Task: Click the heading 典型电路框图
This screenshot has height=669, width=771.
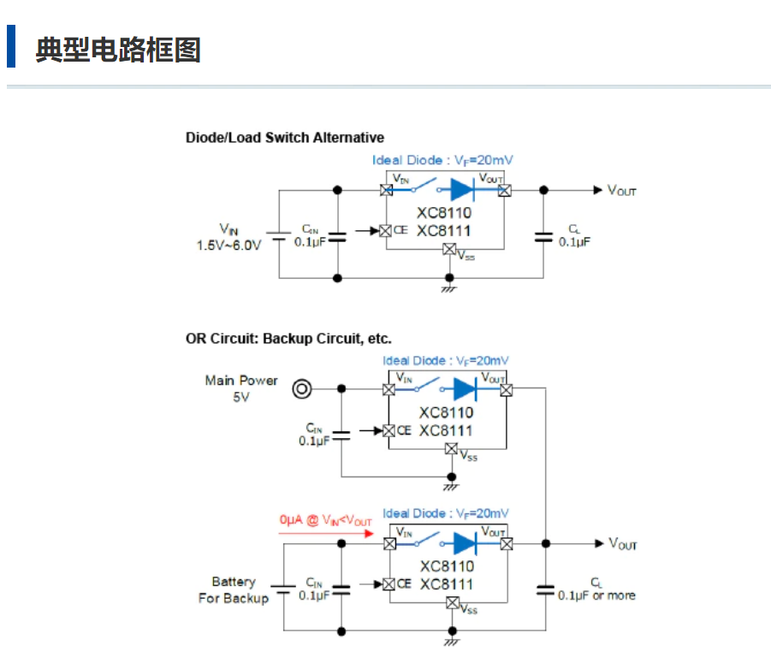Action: pyautogui.click(x=118, y=49)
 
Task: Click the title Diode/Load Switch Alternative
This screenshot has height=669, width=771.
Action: pyautogui.click(x=285, y=137)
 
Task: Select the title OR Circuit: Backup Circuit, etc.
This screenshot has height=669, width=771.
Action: pyautogui.click(x=288, y=339)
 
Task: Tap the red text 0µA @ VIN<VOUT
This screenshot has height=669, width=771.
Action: pyautogui.click(x=325, y=520)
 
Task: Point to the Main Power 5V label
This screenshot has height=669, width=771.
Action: pyautogui.click(x=240, y=388)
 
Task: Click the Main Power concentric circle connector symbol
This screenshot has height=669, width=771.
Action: pyautogui.click(x=301, y=389)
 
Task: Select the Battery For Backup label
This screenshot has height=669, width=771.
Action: pyautogui.click(x=234, y=589)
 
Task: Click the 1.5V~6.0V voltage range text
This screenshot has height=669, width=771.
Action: pyautogui.click(x=228, y=245)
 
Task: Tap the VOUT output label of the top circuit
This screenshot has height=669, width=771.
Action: pyautogui.click(x=622, y=191)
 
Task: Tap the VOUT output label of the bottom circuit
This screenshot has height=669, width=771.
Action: pyautogui.click(x=623, y=544)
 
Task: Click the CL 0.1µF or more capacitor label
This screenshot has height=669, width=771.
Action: pyautogui.click(x=596, y=589)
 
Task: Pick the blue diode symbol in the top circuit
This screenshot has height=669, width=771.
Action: pyautogui.click(x=463, y=189)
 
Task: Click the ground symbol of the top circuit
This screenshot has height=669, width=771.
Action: pyautogui.click(x=448, y=289)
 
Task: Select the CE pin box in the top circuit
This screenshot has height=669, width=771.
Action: pyautogui.click(x=386, y=230)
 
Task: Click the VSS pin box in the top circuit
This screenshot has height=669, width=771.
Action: pyautogui.click(x=448, y=249)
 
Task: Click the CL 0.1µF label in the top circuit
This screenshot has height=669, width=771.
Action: pyautogui.click(x=574, y=236)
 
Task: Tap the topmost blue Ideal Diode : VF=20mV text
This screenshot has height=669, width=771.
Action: pyautogui.click(x=442, y=160)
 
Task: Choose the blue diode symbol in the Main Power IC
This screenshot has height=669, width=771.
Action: pyautogui.click(x=465, y=389)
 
